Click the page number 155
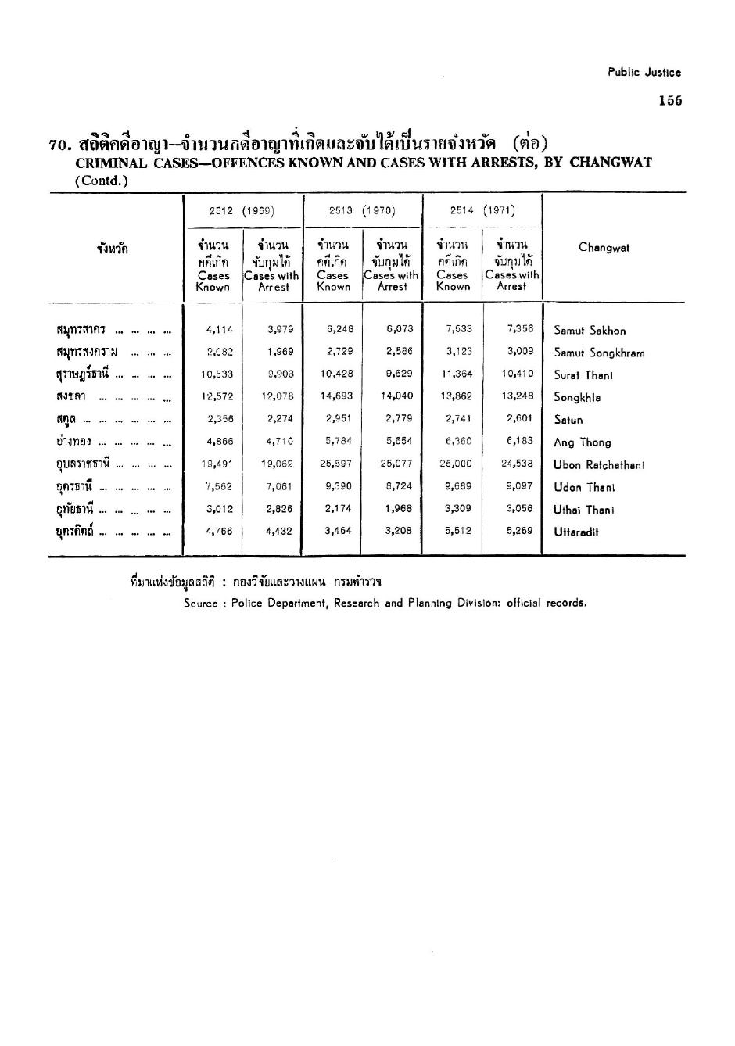click(670, 100)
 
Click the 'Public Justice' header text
click(644, 73)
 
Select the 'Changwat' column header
click(604, 248)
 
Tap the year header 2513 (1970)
click(362, 210)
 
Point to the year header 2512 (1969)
click(242, 210)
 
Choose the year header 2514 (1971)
click(482, 210)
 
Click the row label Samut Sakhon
click(590, 331)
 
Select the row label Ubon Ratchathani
click(599, 465)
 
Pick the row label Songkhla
click(578, 398)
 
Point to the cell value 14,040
click(396, 396)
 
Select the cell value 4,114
click(219, 330)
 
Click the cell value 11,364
click(457, 374)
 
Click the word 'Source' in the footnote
click(200, 604)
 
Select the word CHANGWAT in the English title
click(611, 163)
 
